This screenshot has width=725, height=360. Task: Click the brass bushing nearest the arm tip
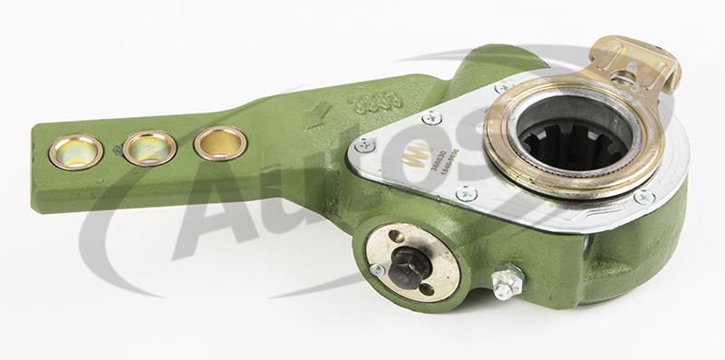(75, 151)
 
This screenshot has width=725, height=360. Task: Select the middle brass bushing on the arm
(149, 147)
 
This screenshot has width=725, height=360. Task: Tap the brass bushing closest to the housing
(220, 142)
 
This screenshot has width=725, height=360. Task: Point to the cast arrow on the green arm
(317, 116)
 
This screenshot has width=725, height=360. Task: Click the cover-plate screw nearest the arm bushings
(365, 144)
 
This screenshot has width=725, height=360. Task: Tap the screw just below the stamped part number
(467, 192)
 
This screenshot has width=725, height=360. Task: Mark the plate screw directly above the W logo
(432, 117)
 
